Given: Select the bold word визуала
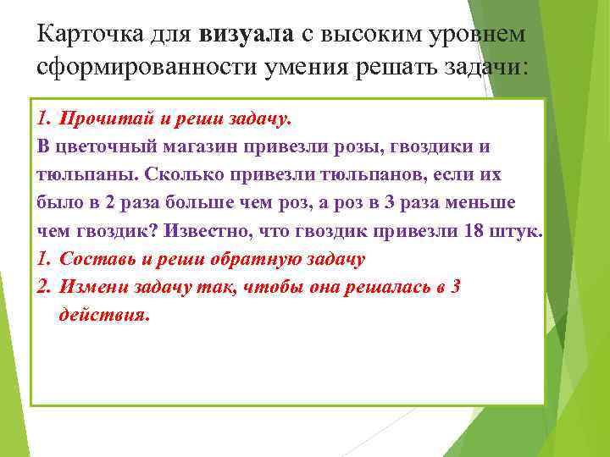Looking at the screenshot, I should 247,33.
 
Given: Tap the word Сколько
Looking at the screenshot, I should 180,174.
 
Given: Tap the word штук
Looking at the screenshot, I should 518,230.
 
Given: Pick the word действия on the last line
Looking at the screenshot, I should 103,314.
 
